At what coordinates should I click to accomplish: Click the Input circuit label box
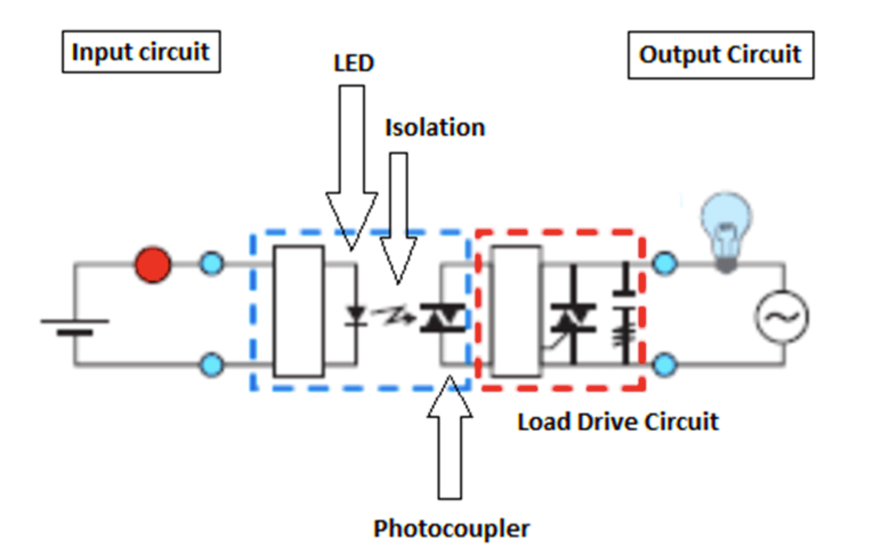pyautogui.click(x=141, y=52)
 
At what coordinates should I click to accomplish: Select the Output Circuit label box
pyautogui.click(x=720, y=55)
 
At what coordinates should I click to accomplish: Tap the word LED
pyautogui.click(x=354, y=63)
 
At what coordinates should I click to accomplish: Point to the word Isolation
pyautogui.click(x=435, y=127)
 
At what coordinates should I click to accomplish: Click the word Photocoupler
pyautogui.click(x=451, y=528)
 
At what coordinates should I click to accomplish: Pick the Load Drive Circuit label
pyautogui.click(x=618, y=422)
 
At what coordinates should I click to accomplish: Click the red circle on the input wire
pyautogui.click(x=153, y=265)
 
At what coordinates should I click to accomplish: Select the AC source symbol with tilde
pyautogui.click(x=782, y=316)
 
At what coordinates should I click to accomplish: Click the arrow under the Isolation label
pyautogui.click(x=399, y=216)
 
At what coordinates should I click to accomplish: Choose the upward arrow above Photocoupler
pyautogui.click(x=450, y=438)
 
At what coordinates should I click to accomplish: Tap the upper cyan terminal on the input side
pyautogui.click(x=212, y=264)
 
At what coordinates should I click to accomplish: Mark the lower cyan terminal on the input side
pyautogui.click(x=212, y=364)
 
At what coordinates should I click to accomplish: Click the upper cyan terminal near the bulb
pyautogui.click(x=664, y=264)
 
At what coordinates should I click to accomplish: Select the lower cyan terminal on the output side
pyautogui.click(x=664, y=364)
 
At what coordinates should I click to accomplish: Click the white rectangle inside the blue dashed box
pyautogui.click(x=299, y=311)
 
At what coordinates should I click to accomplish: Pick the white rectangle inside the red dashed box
pyautogui.click(x=516, y=311)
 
